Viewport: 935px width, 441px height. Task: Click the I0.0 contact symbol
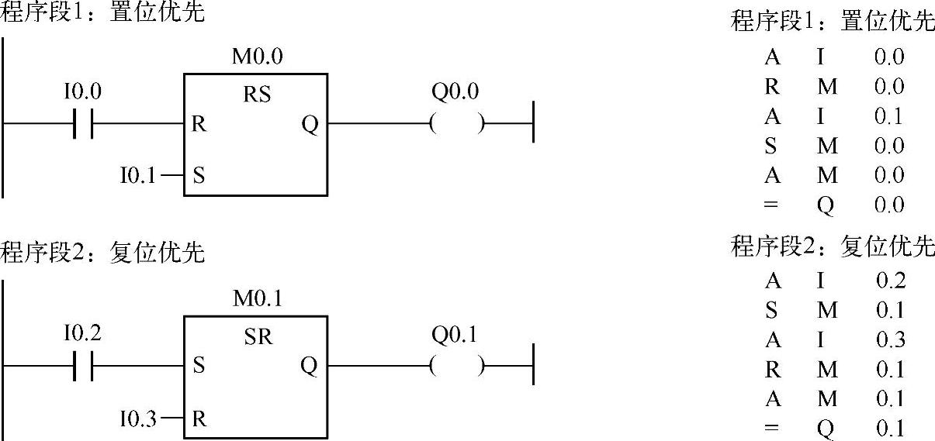coord(83,123)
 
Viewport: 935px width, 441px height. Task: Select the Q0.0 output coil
coord(457,123)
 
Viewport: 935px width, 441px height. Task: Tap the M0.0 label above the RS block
coord(258,57)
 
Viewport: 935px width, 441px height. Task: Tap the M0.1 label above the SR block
coord(258,298)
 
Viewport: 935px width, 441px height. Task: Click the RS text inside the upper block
coord(257,95)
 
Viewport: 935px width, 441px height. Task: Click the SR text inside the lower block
coord(257,337)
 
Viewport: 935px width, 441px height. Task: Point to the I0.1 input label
coord(137,175)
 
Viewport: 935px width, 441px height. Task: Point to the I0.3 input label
coord(137,419)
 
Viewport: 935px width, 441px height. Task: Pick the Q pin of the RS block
coord(310,124)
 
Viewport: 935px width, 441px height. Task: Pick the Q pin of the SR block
coord(310,366)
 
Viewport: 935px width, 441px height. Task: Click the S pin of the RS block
coord(199,175)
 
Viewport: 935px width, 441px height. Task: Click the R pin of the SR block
coord(199,419)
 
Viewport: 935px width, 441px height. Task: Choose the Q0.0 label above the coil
coord(455,92)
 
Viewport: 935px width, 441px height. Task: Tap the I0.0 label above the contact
coord(83,92)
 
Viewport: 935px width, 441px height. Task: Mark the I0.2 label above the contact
coord(83,334)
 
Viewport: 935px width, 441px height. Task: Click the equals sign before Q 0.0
coord(772,205)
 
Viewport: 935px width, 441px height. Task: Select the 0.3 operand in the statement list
coord(890,339)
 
